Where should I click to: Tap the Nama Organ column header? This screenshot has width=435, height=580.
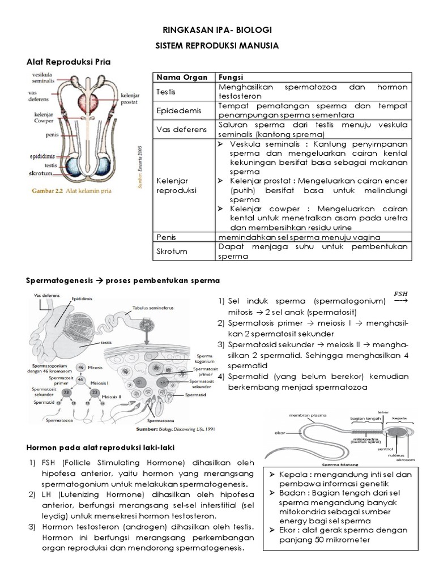point(175,77)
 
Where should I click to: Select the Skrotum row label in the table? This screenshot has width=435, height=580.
point(173,251)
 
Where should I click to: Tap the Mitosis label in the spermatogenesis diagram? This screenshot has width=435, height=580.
point(95,366)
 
